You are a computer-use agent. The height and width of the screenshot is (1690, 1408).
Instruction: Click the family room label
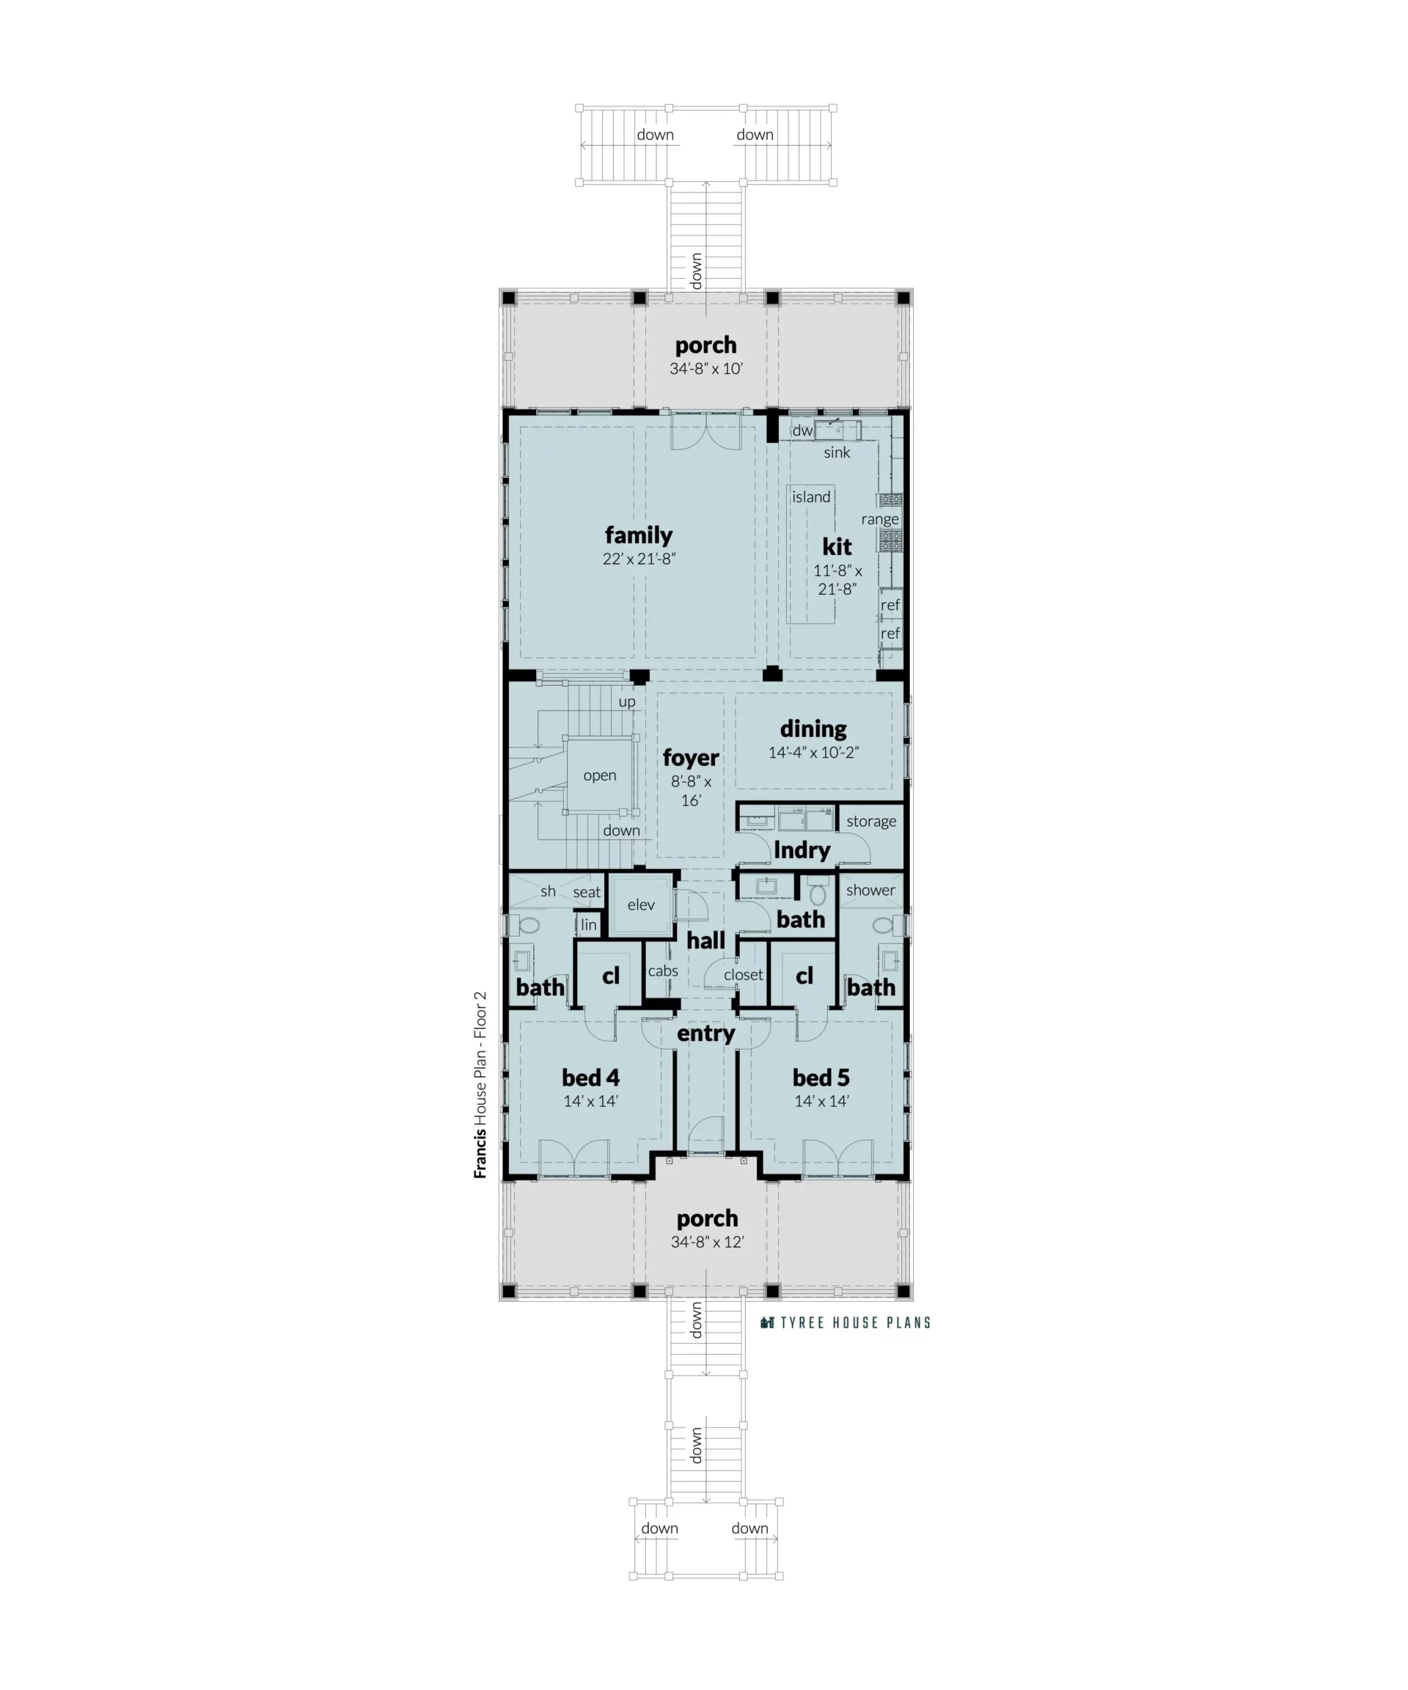(x=638, y=535)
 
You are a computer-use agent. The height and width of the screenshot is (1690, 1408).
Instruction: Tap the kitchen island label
(x=810, y=497)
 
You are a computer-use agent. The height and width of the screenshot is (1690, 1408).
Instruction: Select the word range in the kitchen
(x=879, y=520)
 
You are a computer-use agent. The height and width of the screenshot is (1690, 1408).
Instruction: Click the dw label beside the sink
(x=802, y=431)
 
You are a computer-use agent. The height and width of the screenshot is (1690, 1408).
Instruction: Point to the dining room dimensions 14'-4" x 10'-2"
(x=813, y=753)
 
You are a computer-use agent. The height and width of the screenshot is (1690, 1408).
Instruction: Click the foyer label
(x=690, y=758)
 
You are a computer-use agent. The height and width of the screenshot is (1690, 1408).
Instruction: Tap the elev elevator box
(x=640, y=905)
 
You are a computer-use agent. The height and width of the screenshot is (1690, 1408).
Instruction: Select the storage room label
(x=870, y=822)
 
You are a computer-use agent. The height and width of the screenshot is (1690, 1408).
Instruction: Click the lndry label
(x=802, y=851)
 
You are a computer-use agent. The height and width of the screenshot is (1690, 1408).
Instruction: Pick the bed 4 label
(x=590, y=1078)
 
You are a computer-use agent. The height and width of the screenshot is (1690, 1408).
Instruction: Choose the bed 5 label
(x=821, y=1078)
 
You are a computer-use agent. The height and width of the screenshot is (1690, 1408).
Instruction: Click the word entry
(x=705, y=1034)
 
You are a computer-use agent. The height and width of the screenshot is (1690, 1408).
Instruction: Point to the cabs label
(x=663, y=971)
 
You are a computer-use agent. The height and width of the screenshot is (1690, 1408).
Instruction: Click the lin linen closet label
(x=589, y=925)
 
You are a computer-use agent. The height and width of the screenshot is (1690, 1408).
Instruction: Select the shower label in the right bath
(x=870, y=890)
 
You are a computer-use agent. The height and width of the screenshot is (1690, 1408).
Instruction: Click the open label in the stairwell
(x=599, y=776)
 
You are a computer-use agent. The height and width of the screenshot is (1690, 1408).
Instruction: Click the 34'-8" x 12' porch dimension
(x=707, y=1242)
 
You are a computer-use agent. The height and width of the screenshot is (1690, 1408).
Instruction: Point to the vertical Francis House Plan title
(x=480, y=1085)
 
